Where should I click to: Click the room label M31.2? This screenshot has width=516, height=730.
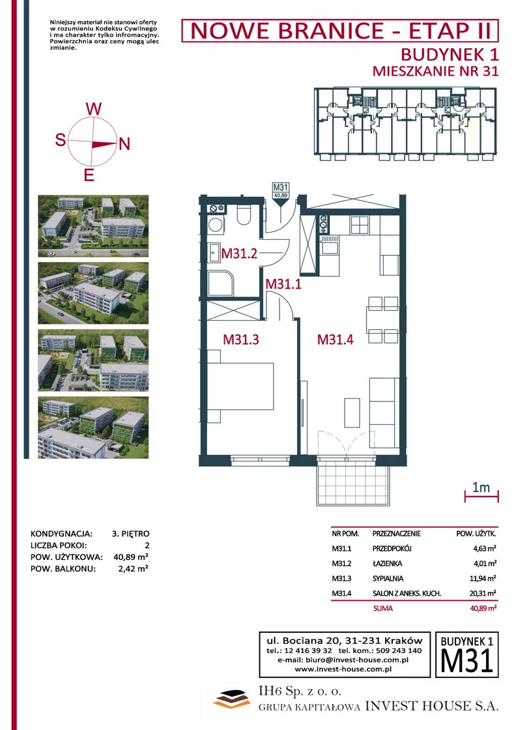coord(239,254)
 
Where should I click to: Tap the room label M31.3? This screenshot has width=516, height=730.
coord(241,340)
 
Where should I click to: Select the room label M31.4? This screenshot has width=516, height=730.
coord(335,340)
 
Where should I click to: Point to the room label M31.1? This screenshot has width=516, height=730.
coord(283,284)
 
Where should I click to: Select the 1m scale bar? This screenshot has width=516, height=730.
coord(481,496)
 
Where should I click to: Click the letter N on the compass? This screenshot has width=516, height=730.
coord(124,144)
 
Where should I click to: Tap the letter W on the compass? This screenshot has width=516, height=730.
coord(94,109)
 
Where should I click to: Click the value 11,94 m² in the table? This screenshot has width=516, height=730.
coord(483,578)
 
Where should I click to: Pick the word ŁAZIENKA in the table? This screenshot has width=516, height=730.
coord(387,563)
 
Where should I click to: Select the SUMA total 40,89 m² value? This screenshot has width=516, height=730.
coord(483,608)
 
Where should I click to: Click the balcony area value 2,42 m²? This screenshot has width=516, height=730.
coord(133,568)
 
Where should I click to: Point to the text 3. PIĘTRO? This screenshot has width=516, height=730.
coord(131,534)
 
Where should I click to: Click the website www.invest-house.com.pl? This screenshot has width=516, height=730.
coord(343,669)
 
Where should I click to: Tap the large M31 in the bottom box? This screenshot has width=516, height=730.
coord(466,661)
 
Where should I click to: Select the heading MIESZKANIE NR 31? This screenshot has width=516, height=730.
coord(435,71)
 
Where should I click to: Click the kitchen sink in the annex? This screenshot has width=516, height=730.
coord(330,245)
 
